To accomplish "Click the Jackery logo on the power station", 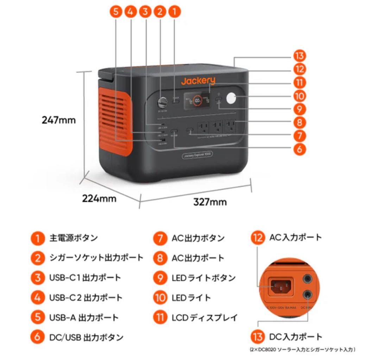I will (198, 81).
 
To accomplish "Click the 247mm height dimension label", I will (59, 120).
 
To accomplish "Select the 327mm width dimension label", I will (210, 202).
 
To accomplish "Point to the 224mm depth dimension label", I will (99, 198).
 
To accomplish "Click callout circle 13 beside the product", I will (299, 56).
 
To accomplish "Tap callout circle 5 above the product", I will (116, 12).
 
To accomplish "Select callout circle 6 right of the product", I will (299, 149).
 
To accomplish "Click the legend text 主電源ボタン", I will (73, 238).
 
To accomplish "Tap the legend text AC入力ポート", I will (296, 237).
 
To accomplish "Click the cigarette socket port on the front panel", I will (163, 103).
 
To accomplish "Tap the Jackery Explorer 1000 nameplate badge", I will (197, 155).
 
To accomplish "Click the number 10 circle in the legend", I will (160, 298).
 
